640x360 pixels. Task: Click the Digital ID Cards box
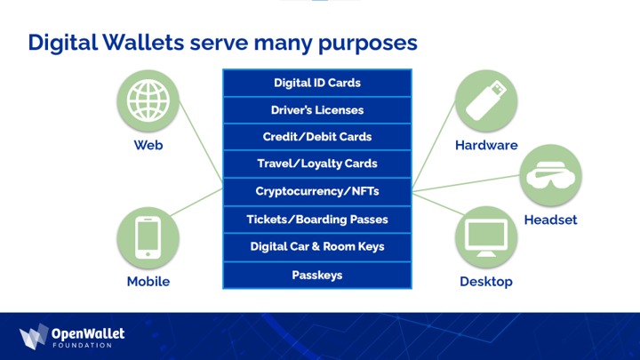coord(316,84)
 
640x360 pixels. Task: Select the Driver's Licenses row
coord(316,110)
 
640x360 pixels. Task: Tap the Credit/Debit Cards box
coord(316,137)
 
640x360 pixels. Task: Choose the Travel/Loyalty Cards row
coord(316,164)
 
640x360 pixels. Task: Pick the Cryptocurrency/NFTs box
coord(316,191)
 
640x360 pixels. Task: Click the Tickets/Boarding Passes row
coord(316,219)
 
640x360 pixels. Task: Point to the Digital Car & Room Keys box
coord(316,246)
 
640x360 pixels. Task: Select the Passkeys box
coord(316,275)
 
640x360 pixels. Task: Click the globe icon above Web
coord(148,100)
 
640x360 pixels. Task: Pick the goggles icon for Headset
coord(550,176)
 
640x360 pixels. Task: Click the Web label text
coord(148,145)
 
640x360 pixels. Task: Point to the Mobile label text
coord(148,282)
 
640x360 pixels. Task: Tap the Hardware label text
coord(486,145)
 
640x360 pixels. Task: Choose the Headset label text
coord(550,220)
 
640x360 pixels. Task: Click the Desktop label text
coord(486,282)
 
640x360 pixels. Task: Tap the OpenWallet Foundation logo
coord(72,337)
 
